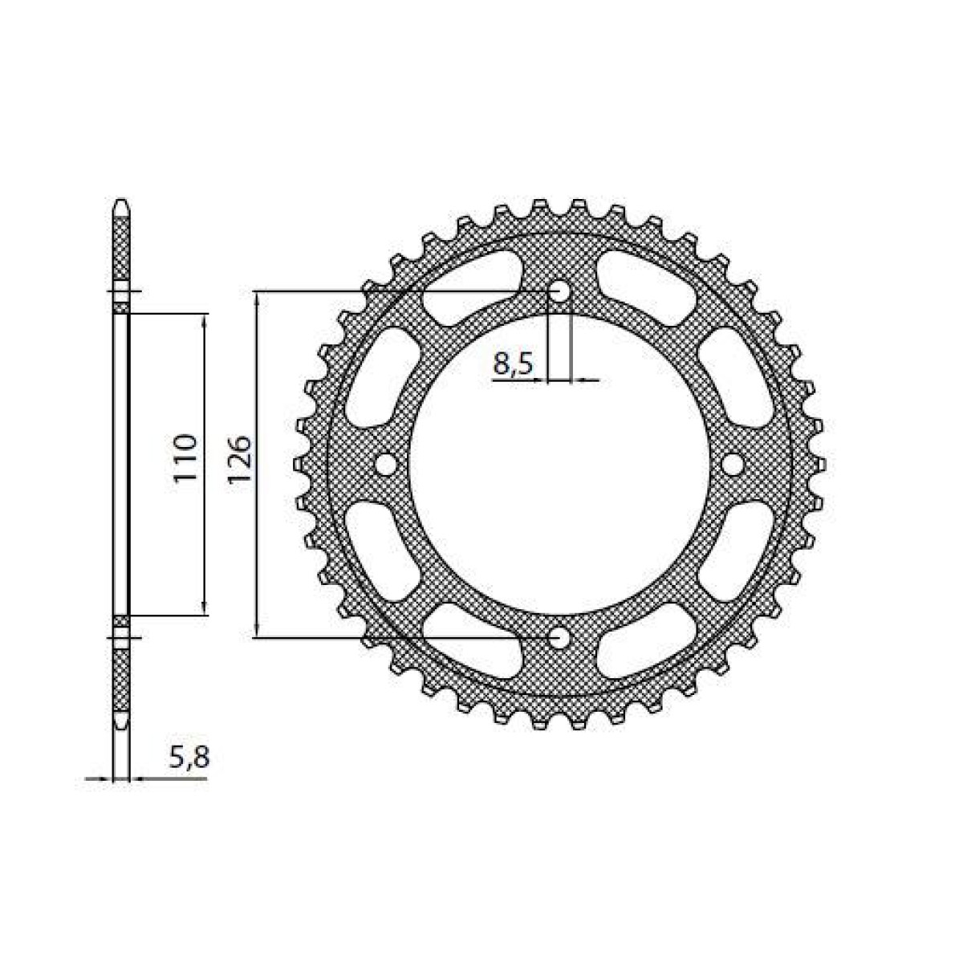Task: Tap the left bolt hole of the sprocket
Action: point(386,464)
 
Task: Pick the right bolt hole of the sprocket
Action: point(733,464)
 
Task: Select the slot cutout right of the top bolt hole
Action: point(647,286)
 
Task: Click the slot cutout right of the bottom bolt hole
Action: point(647,642)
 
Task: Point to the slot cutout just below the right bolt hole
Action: point(737,551)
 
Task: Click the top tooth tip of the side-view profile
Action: point(120,201)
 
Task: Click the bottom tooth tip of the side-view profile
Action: point(120,725)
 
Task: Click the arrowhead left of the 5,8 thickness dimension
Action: point(107,778)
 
